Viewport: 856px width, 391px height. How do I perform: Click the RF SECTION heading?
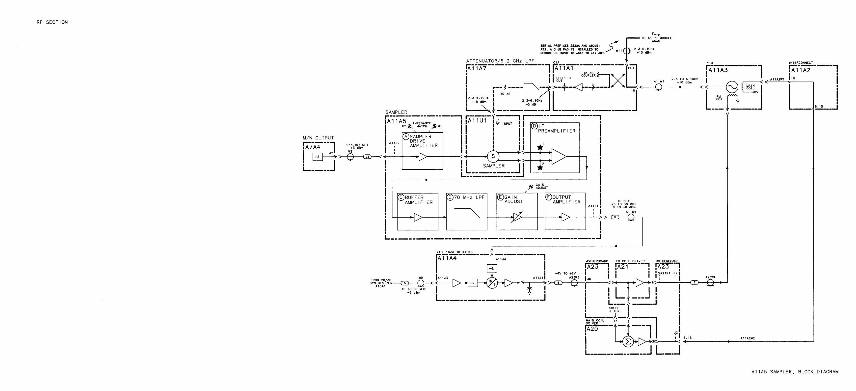pyautogui.click(x=52, y=22)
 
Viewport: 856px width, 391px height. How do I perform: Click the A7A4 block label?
pyautogui.click(x=313, y=147)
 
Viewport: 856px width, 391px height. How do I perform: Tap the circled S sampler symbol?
pyautogui.click(x=493, y=156)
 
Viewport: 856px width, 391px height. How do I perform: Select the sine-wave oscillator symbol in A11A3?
pyautogui.click(x=731, y=87)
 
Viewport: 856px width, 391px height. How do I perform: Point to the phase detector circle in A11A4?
pyautogui.click(x=492, y=283)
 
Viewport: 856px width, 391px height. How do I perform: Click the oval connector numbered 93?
pyautogui.click(x=368, y=157)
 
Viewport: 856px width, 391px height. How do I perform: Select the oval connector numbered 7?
pyautogui.click(x=694, y=283)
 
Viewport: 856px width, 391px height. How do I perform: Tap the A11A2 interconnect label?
pyautogui.click(x=801, y=70)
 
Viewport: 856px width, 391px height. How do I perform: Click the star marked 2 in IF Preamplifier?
pyautogui.click(x=540, y=168)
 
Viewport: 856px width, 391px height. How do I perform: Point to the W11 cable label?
pyautogui.click(x=619, y=51)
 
